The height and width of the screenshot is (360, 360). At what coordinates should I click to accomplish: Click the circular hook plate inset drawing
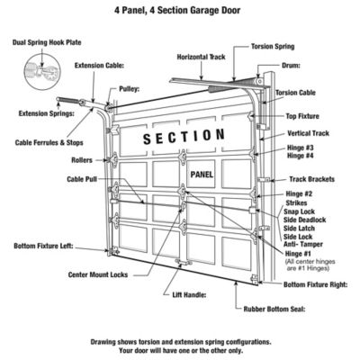click(35, 67)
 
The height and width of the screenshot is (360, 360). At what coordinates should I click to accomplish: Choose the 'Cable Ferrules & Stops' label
click(48, 141)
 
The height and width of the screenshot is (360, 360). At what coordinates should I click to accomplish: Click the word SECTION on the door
click(184, 136)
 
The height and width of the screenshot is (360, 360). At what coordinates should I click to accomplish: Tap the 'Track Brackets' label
click(314, 177)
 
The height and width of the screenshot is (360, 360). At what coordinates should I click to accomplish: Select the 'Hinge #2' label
click(300, 194)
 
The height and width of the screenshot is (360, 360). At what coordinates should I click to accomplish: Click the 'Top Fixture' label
click(305, 116)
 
